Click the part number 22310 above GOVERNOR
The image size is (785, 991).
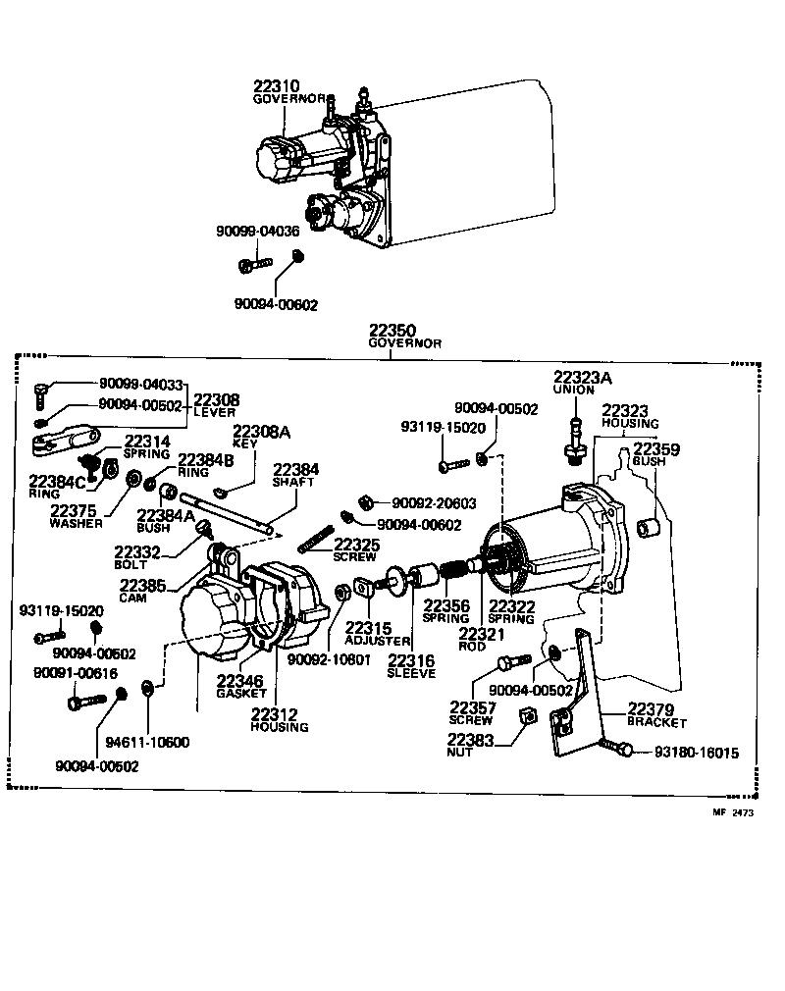278,86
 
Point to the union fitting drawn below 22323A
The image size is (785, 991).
574,442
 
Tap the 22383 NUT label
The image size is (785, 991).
473,745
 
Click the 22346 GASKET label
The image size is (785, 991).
241,685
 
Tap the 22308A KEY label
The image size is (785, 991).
260,436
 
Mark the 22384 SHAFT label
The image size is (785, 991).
296,474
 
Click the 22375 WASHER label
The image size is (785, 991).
75,515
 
